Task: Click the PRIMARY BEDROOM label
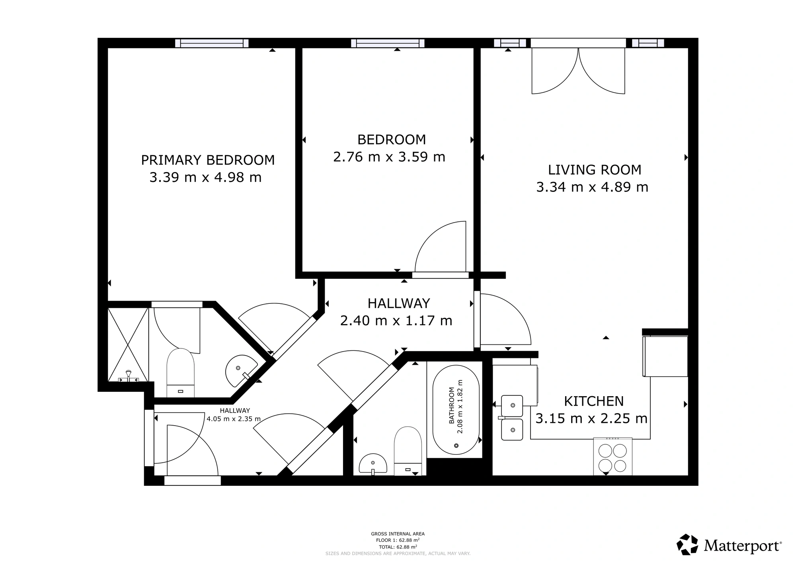tap(208, 160)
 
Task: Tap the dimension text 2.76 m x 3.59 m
tap(389, 157)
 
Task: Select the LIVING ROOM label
tap(595, 170)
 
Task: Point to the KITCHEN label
tap(594, 401)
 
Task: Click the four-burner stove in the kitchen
tap(613, 457)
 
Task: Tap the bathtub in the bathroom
tap(456, 410)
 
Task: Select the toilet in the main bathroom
tap(408, 451)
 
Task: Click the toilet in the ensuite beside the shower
tap(180, 373)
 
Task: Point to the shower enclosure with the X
tap(128, 344)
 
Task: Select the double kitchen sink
tap(512, 418)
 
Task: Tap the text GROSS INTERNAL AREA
tap(398, 534)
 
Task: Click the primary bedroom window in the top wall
tap(212, 43)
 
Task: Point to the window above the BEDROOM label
tap(388, 43)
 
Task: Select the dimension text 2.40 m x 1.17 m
tap(396, 321)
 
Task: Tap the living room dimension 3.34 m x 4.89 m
tap(592, 187)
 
